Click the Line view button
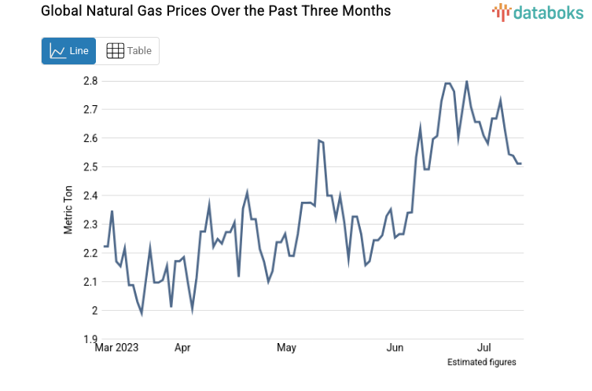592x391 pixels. pos(68,51)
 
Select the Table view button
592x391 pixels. pos(128,51)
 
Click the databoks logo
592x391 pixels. pos(539,12)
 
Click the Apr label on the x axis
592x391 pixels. pos(182,347)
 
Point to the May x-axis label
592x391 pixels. pos(287,347)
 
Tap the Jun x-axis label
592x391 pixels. pos(395,347)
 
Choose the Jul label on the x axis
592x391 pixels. pos(485,347)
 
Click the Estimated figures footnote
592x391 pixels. pos(481,362)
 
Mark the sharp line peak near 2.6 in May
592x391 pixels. pos(319,141)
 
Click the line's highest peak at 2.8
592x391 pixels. pos(467,81)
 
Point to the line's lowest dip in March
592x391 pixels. pos(142,313)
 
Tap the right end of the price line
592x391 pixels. pos(520,163)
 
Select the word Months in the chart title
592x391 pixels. pos(366,12)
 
